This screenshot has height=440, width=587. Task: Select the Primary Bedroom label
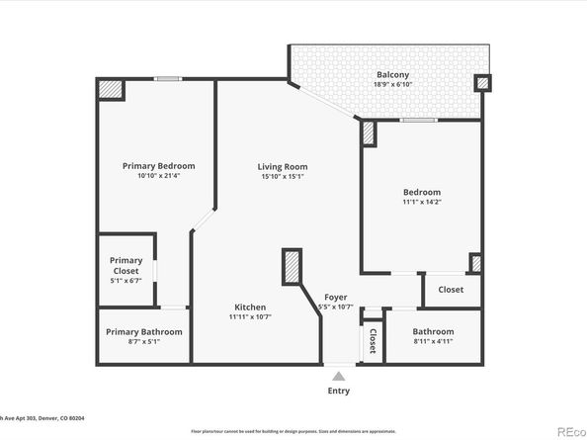[x=158, y=165]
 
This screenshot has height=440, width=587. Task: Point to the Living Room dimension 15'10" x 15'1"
[x=283, y=177]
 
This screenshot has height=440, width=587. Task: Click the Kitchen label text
[x=250, y=307]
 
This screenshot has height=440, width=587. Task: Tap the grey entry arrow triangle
[x=339, y=376]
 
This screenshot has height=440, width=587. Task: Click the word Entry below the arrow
[x=339, y=391]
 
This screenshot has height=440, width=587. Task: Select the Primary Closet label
[x=126, y=265]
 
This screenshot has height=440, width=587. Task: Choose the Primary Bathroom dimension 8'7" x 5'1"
[x=144, y=342]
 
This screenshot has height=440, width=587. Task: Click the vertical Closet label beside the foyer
[x=372, y=341]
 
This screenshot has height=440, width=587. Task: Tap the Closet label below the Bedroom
[x=451, y=290]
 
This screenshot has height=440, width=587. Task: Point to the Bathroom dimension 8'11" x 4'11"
[x=433, y=342]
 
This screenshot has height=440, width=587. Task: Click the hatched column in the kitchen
[x=292, y=268]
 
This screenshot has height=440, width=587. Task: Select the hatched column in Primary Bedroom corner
[x=110, y=90]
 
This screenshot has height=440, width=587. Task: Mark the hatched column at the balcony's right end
[x=481, y=84]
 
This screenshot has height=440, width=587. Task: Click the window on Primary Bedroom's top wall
[x=168, y=79]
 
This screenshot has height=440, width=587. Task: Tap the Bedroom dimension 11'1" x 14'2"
[x=421, y=203]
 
